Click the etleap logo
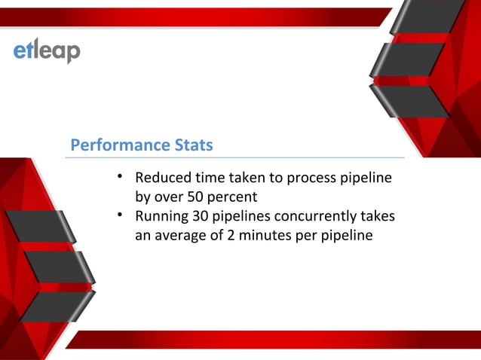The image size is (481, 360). (47, 51)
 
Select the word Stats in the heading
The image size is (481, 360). (191, 145)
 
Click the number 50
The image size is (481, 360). (195, 197)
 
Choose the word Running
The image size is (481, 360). (162, 218)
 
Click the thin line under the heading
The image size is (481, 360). (234, 158)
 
